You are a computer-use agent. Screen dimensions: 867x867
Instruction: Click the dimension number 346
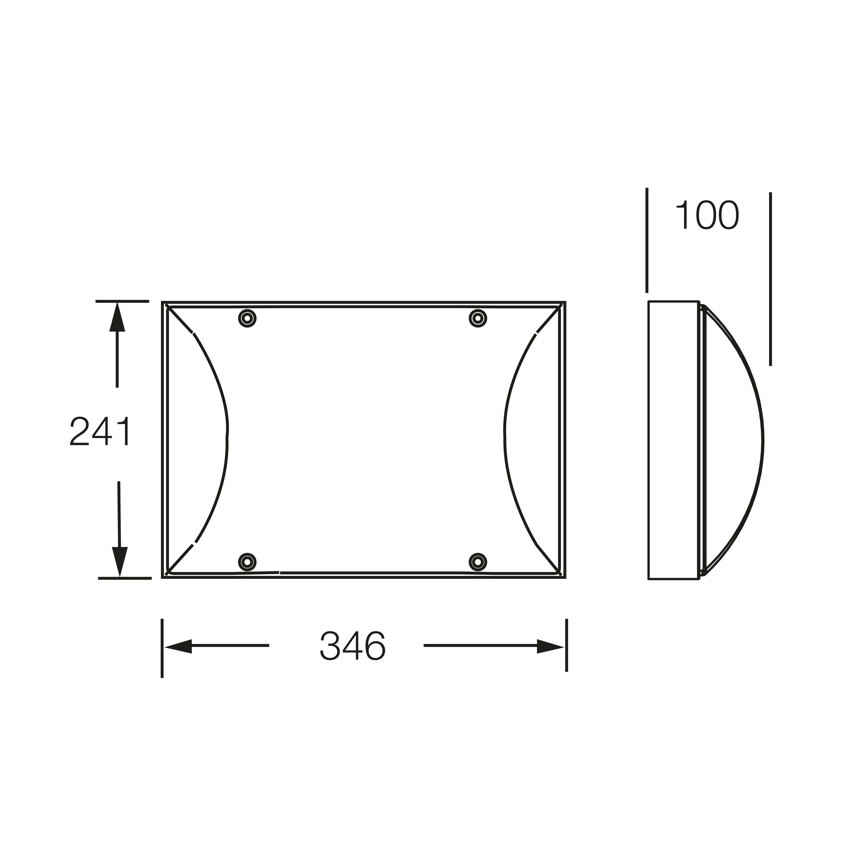(353, 646)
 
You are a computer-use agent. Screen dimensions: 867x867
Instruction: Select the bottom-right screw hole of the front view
(478, 562)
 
